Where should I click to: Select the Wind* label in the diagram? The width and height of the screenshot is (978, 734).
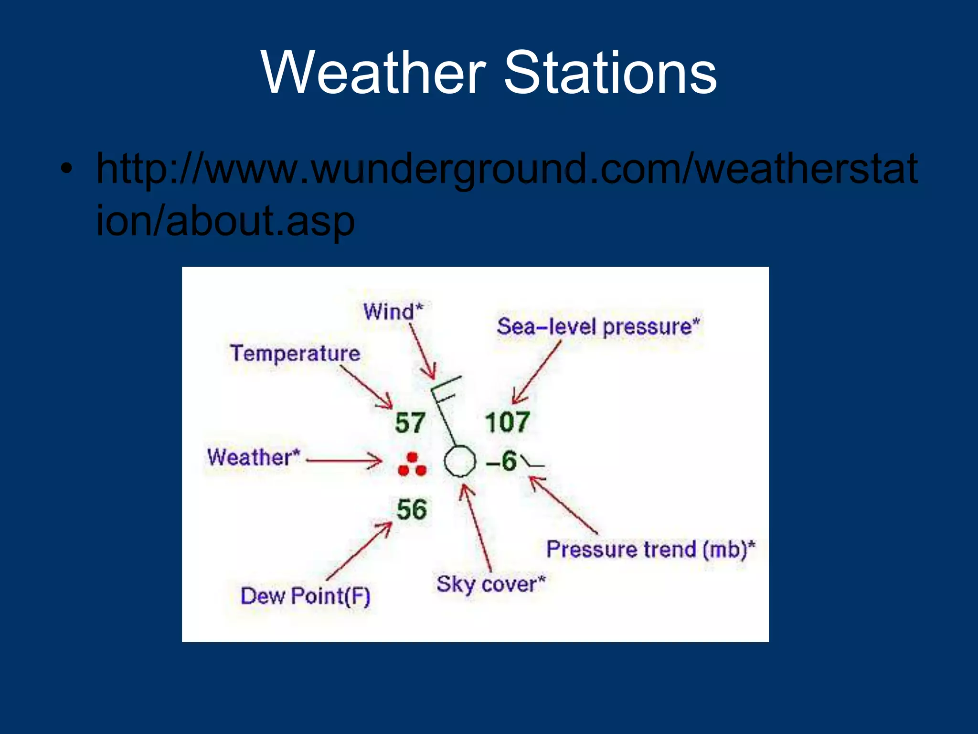click(393, 312)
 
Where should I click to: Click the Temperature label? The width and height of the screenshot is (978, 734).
click(295, 354)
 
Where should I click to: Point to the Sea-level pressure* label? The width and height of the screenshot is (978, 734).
click(598, 327)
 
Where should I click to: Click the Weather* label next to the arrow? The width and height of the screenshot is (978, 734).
click(254, 457)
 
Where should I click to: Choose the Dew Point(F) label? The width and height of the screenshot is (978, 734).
click(305, 596)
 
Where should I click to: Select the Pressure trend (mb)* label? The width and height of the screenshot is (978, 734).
click(650, 549)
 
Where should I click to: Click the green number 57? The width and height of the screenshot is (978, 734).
click(410, 423)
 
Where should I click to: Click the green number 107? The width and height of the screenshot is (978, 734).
click(507, 422)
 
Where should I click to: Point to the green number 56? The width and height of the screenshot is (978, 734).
click(411, 509)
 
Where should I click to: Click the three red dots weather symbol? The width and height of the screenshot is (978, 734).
click(412, 465)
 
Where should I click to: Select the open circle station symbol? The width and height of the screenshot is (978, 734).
click(460, 461)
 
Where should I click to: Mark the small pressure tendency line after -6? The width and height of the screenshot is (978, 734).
click(532, 462)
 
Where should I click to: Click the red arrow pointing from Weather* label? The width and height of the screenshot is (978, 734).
click(344, 461)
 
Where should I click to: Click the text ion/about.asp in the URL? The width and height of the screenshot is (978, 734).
click(225, 221)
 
